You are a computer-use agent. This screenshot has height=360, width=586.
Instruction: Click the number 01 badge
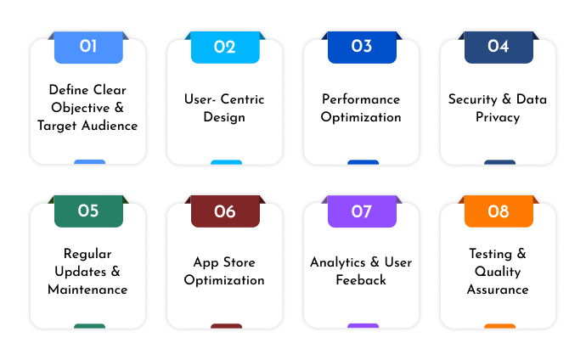pos(88,47)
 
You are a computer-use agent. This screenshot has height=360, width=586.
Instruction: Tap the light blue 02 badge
pos(225,47)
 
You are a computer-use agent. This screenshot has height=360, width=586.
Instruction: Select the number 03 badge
pos(362,47)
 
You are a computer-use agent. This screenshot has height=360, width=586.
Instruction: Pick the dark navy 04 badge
pos(499,47)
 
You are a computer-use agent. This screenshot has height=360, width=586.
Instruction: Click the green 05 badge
pos(88,211)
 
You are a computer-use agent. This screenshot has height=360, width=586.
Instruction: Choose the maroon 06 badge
pos(225,211)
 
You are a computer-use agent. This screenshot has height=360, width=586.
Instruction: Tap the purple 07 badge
pos(362,211)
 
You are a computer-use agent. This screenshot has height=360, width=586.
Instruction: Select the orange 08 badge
pos(499,211)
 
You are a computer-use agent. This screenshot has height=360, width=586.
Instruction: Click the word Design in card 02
pos(224,117)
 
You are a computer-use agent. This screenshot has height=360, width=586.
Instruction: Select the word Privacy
pos(498,117)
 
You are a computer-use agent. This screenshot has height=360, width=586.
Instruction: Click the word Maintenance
pos(87,290)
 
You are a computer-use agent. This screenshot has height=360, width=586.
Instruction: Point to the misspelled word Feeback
pos(361,280)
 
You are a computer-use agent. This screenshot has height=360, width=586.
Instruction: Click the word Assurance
pos(498,290)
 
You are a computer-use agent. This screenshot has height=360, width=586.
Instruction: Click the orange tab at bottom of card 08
pos(499,326)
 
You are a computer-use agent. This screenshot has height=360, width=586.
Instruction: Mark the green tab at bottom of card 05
pos(89,326)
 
